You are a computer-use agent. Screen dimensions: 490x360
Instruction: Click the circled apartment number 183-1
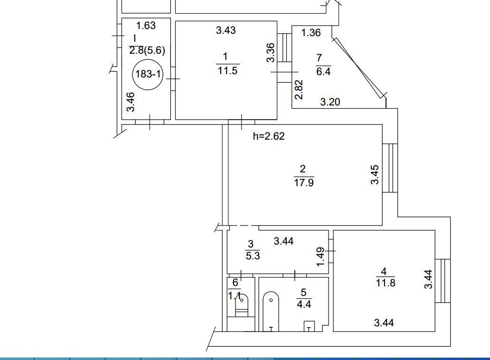point(148,75)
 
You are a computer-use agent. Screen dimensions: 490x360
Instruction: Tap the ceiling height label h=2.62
point(269,136)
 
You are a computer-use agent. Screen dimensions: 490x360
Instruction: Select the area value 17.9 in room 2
point(304,182)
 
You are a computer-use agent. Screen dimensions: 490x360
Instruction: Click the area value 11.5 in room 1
point(227,70)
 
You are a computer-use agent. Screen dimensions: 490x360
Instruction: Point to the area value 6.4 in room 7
point(323,72)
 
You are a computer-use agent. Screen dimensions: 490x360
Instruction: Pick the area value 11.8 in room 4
point(386,283)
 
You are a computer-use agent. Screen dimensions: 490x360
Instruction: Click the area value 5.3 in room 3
point(253,256)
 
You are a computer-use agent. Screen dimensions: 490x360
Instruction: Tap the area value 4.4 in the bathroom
point(304,304)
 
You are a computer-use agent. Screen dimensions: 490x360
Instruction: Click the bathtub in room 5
point(271,311)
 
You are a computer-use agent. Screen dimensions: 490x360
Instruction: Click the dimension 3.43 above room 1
point(226,30)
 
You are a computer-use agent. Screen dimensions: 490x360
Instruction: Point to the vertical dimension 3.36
point(271,53)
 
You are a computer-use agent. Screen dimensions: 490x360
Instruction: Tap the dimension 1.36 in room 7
point(311,32)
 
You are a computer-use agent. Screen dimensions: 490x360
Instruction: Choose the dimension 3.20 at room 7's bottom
point(330,102)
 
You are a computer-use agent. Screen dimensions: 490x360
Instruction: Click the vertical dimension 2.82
point(299,90)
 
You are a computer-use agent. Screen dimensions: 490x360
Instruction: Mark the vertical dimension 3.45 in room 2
point(375,175)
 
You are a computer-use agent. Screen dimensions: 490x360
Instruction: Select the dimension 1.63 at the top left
point(146,25)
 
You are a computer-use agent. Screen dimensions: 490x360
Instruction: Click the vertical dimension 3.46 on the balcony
point(130,102)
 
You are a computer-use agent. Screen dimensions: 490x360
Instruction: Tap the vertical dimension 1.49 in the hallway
point(320,257)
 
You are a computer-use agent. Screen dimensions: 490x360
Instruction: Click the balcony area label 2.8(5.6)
point(147,50)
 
